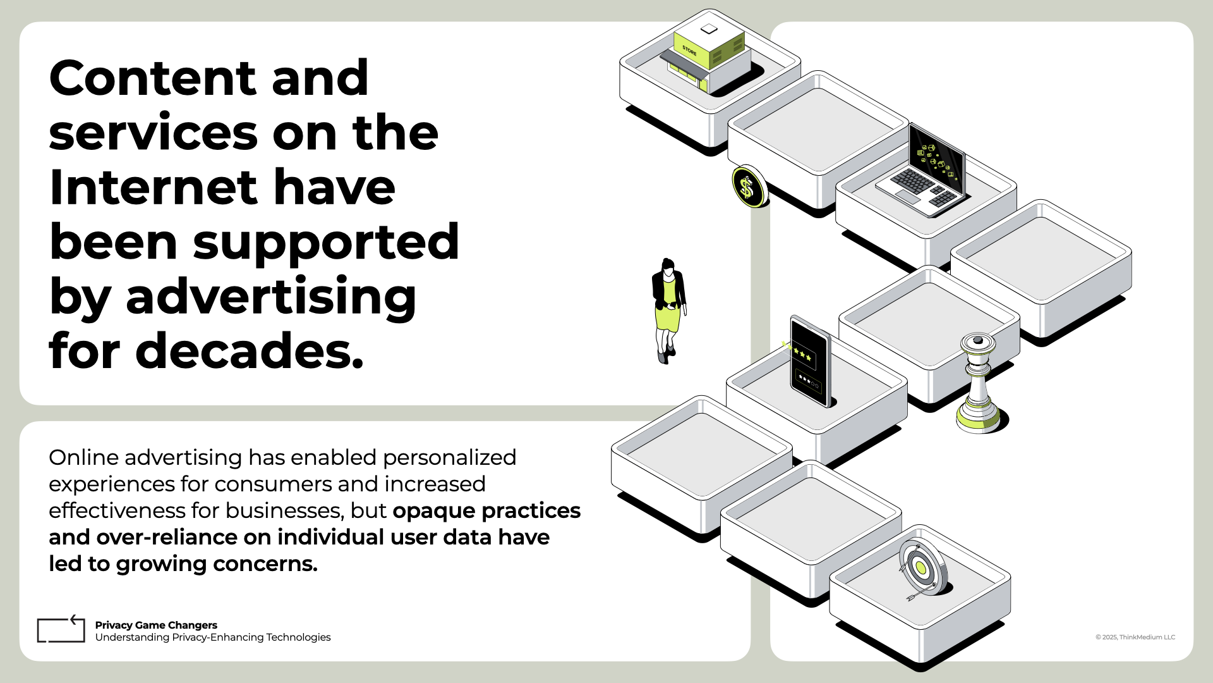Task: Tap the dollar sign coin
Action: tap(749, 187)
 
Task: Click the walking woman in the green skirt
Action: tap(668, 311)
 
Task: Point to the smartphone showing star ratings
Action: tap(811, 362)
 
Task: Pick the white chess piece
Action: tap(978, 383)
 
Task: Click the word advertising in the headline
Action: tap(271, 297)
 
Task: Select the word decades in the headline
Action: tap(250, 351)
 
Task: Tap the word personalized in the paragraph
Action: tap(449, 458)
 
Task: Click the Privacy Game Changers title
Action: tap(156, 625)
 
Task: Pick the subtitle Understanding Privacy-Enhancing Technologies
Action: tap(213, 637)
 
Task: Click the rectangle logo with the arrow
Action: tap(61, 629)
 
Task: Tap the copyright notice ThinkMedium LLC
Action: tap(1135, 637)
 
